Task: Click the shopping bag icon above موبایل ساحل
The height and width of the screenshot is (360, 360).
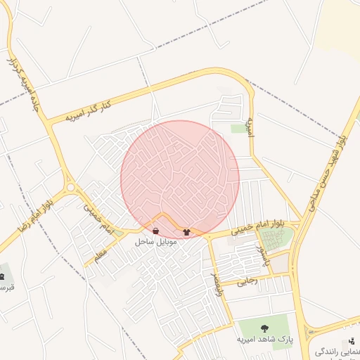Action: [x=155, y=231]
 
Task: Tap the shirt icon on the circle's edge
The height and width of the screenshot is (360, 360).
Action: [x=186, y=231]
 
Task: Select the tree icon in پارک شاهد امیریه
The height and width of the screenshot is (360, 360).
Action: [x=264, y=328]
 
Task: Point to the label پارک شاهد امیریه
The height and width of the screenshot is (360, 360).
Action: [x=265, y=339]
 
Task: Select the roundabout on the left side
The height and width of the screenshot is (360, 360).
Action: [x=71, y=187]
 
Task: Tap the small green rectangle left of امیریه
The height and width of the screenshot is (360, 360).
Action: [x=238, y=128]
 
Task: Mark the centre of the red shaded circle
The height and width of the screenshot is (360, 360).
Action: [x=180, y=179]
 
